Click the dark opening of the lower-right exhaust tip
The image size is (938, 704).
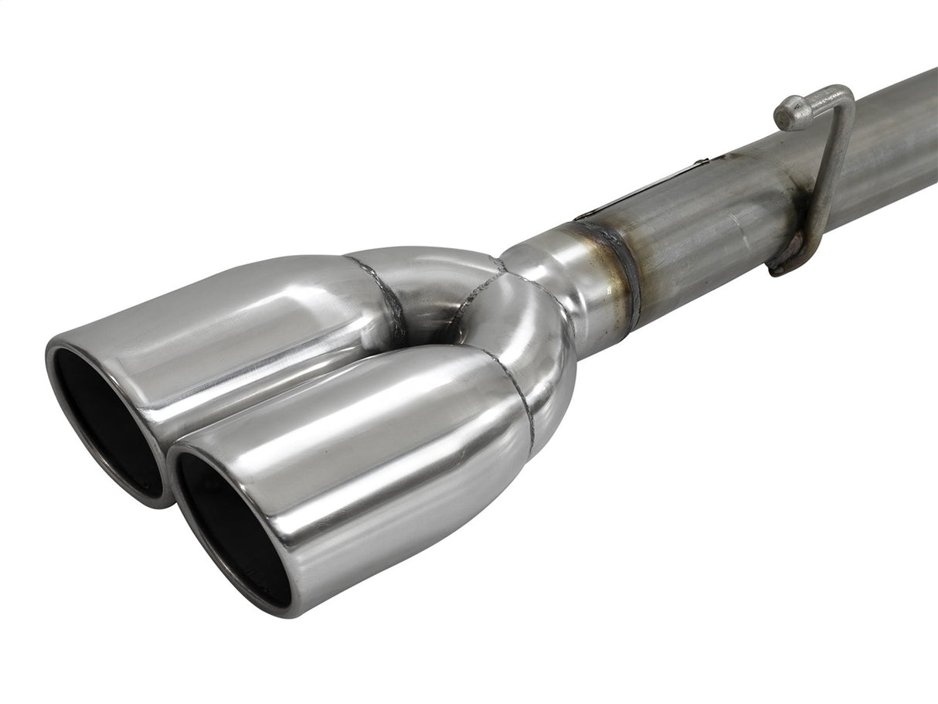click(232, 525)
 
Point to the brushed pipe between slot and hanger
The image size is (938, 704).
click(719, 209)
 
